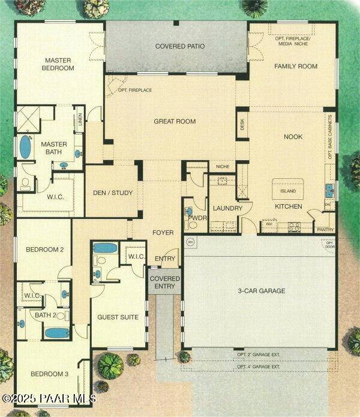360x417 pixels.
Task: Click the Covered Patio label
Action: (180, 46)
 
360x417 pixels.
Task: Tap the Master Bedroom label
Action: (58, 64)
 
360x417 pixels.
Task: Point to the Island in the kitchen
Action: (288, 192)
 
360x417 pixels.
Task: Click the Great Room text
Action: (175, 121)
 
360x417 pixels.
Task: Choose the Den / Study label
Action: (113, 193)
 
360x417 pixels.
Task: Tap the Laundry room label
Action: (227, 208)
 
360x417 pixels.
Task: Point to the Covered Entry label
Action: (164, 283)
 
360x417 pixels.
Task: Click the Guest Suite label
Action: (118, 317)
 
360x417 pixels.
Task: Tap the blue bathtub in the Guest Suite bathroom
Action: (106, 248)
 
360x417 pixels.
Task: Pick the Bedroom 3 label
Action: (50, 374)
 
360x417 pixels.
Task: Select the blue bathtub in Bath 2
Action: (58, 332)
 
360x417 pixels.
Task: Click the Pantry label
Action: (325, 229)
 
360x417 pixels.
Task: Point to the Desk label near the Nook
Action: (242, 125)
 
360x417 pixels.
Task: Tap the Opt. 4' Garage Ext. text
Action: (259, 367)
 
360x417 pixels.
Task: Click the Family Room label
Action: (296, 66)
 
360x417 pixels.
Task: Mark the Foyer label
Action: (163, 233)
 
